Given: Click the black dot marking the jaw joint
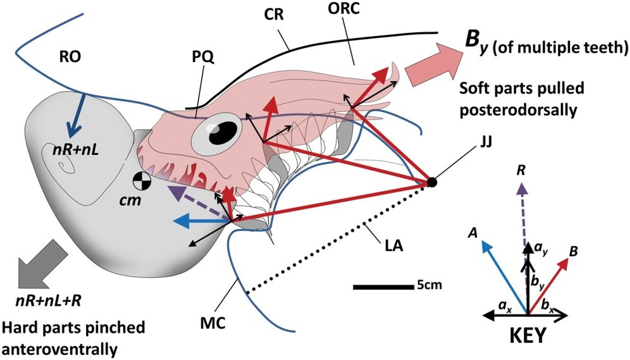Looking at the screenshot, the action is [x=431, y=182].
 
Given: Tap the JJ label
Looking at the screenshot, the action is [x=486, y=142].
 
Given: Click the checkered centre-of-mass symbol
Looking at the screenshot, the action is [x=142, y=180].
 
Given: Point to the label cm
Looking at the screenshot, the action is [x=130, y=200].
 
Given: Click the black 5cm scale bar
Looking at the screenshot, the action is [x=383, y=287].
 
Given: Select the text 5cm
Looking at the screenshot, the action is [x=429, y=285].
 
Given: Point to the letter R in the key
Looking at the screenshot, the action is [x=521, y=170].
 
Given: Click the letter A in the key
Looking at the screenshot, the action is [x=473, y=233].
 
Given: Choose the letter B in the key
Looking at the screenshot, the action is [x=574, y=252].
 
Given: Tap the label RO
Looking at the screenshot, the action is [x=70, y=57].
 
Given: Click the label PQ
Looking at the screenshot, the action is [x=203, y=58].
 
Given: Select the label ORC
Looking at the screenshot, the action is [x=343, y=9].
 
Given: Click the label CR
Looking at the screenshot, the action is [x=274, y=15].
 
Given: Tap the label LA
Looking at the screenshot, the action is [x=393, y=245].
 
